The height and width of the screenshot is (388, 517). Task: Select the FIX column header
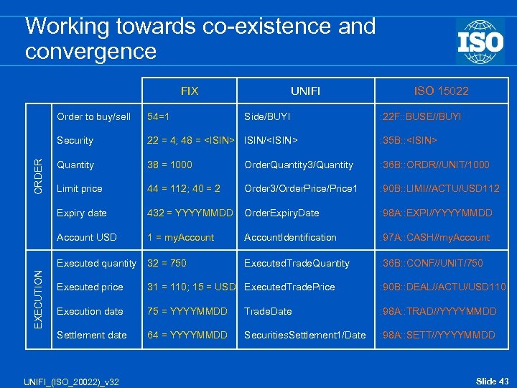190,91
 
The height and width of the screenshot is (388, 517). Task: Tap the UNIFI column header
305,91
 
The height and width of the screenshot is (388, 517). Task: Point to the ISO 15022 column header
441,91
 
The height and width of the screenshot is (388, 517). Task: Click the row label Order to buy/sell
93,116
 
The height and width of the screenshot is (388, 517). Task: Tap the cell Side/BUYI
267,116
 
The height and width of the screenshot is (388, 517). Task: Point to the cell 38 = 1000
169,165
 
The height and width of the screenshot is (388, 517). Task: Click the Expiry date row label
82,213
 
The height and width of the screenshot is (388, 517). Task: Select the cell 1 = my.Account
180,237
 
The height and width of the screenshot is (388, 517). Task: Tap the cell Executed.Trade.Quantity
297,264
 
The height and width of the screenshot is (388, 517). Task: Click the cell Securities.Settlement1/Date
304,336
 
